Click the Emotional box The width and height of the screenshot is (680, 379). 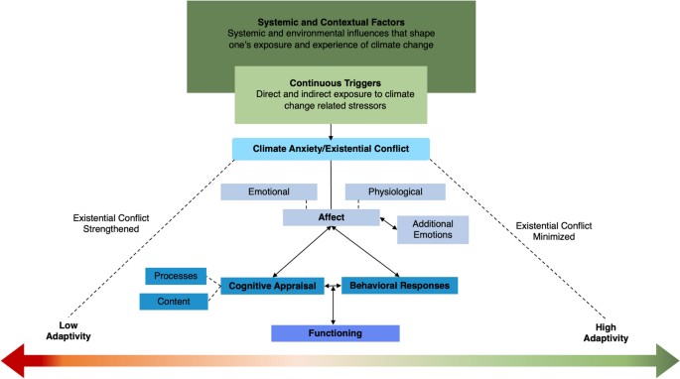268,191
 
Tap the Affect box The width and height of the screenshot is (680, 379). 332,217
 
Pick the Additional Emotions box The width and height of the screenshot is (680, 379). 433,229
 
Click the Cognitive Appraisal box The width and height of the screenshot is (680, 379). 272,286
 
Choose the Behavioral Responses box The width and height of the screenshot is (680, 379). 399,286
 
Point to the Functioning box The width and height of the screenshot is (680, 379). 335,333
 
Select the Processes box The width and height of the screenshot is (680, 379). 176,276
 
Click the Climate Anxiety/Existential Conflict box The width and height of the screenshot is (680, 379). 332,149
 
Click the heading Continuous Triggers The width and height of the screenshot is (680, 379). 332,83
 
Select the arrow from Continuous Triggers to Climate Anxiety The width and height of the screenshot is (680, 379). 332,131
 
